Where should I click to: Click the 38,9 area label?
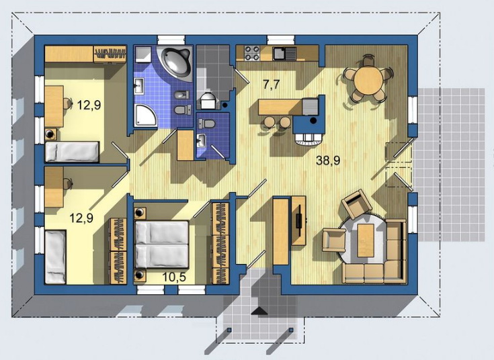[328, 161]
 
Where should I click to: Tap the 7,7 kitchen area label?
[272, 85]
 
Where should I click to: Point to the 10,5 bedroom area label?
[174, 277]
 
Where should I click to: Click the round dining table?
[368, 80]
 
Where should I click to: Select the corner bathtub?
[177, 62]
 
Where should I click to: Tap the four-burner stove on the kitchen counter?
[252, 53]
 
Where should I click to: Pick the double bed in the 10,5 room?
[161, 244]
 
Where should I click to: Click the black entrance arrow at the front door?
[259, 311]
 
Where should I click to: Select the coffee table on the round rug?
[366, 240]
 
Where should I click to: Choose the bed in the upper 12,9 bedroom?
[72, 152]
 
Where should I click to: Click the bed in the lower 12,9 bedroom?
[55, 257]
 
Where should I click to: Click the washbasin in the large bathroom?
[139, 86]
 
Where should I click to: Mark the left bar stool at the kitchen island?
[270, 122]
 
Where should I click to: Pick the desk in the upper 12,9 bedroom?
[54, 106]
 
